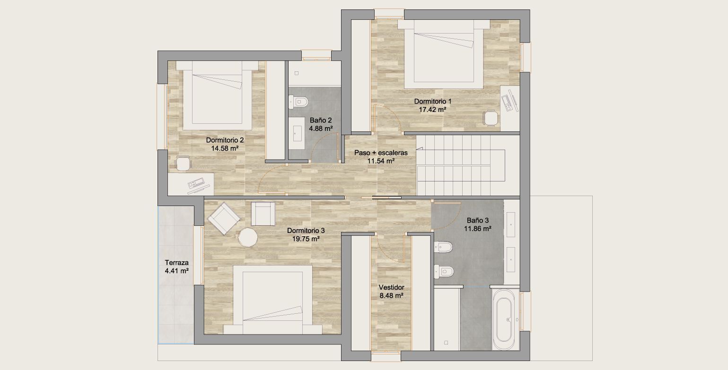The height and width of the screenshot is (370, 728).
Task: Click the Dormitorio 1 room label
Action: click(432, 101)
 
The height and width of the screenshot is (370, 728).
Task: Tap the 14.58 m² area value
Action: click(225, 148)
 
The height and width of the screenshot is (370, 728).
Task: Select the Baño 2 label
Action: click(320, 120)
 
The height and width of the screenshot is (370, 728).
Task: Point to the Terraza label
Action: click(176, 263)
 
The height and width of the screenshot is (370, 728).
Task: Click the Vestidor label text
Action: click(391, 287)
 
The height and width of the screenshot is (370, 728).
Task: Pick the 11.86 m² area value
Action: click(477, 229)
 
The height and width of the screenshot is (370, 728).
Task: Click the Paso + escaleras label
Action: click(381, 153)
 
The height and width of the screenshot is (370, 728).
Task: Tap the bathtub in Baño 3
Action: click(504, 320)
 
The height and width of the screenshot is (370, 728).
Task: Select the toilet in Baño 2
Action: click(298, 102)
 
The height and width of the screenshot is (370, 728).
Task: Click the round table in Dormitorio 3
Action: click(248, 238)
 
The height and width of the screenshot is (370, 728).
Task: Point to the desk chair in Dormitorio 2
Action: click(183, 163)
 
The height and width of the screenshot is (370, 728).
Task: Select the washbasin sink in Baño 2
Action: click(297, 133)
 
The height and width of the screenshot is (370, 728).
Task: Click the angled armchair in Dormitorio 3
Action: click(224, 218)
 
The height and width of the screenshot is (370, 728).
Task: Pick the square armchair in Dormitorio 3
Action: click(263, 214)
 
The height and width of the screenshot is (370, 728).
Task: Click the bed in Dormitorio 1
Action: click(444, 54)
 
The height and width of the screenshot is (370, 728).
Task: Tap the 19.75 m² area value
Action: click(306, 239)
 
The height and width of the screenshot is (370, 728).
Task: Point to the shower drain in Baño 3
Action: click(446, 343)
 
